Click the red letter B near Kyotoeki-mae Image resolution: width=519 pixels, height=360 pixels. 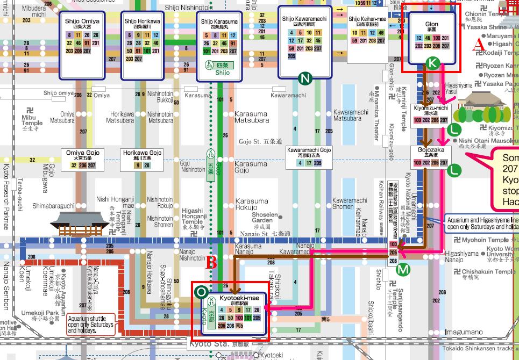pos(212,263)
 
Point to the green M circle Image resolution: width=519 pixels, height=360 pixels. pos(403,269)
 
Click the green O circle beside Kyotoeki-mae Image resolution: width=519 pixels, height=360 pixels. pos(201,292)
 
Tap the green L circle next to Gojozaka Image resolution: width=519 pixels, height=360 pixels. pos(455,170)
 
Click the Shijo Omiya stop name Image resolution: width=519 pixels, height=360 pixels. pos(82,21)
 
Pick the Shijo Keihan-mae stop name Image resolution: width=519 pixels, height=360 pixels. pos(367,20)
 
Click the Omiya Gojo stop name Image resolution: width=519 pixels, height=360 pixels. pos(82,153)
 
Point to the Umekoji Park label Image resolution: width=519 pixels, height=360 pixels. pos(40,313)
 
